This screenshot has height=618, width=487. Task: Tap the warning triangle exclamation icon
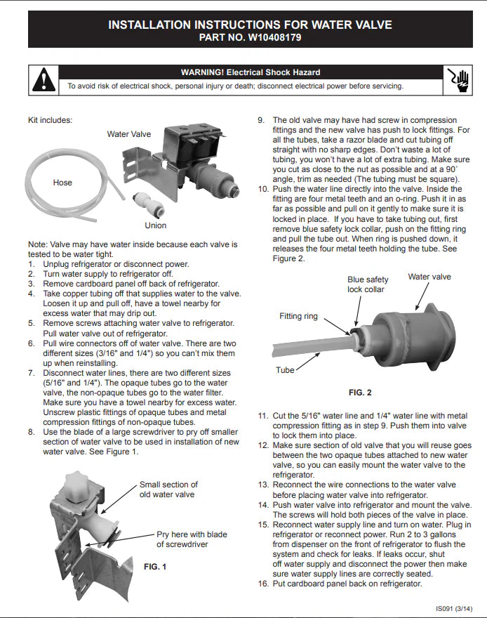pyautogui.click(x=44, y=79)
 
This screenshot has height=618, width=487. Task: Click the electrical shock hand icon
pyautogui.click(x=459, y=79)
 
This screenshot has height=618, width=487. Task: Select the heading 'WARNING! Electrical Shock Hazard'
pyautogui.click(x=251, y=72)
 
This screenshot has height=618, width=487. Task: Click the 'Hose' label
pyautogui.click(x=62, y=183)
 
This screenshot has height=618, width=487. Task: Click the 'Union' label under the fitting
pyautogui.click(x=156, y=225)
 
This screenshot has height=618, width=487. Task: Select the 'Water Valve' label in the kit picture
pyautogui.click(x=128, y=134)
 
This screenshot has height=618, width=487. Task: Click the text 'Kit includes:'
pyautogui.click(x=50, y=120)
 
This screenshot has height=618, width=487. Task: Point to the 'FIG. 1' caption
pyautogui.click(x=155, y=567)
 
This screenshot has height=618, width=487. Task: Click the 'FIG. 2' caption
pyautogui.click(x=360, y=393)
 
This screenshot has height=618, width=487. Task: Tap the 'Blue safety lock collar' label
pyautogui.click(x=367, y=284)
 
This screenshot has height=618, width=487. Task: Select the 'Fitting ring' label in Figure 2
pyautogui.click(x=299, y=316)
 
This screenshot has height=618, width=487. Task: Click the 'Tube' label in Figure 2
pyautogui.click(x=286, y=369)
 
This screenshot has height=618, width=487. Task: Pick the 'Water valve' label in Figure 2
pyautogui.click(x=429, y=277)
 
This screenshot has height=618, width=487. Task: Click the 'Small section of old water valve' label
pyautogui.click(x=168, y=489)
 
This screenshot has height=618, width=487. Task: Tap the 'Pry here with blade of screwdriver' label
pyautogui.click(x=182, y=539)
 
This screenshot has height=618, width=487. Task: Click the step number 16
pyautogui.click(x=263, y=584)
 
